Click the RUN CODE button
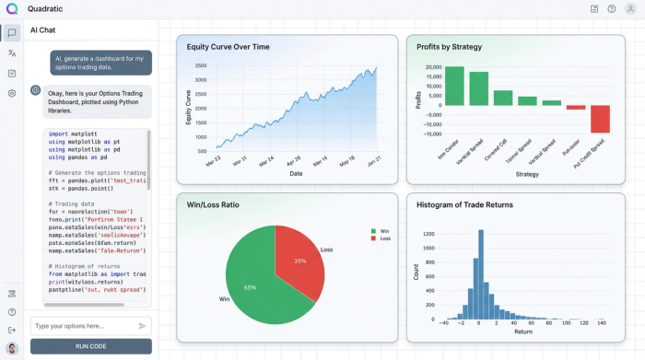coord(90,346)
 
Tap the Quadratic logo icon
coord(11,8)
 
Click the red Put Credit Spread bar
coord(600,119)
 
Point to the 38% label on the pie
coord(299,261)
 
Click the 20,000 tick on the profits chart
coord(428,68)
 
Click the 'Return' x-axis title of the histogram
coord(523,331)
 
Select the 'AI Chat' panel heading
coord(43,30)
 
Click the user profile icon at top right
coord(630,8)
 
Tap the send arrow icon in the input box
coord(142,326)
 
